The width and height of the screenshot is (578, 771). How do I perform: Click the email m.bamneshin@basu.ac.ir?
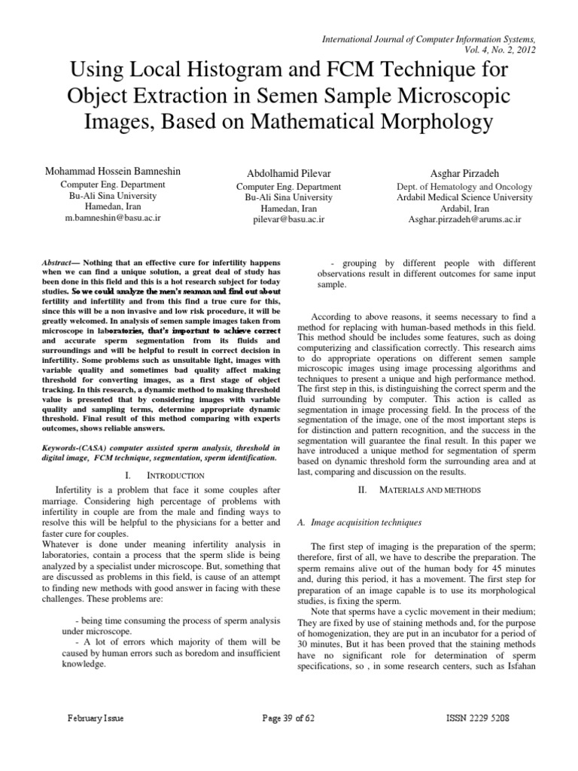click(114, 218)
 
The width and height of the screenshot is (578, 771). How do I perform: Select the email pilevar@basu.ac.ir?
click(289, 218)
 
